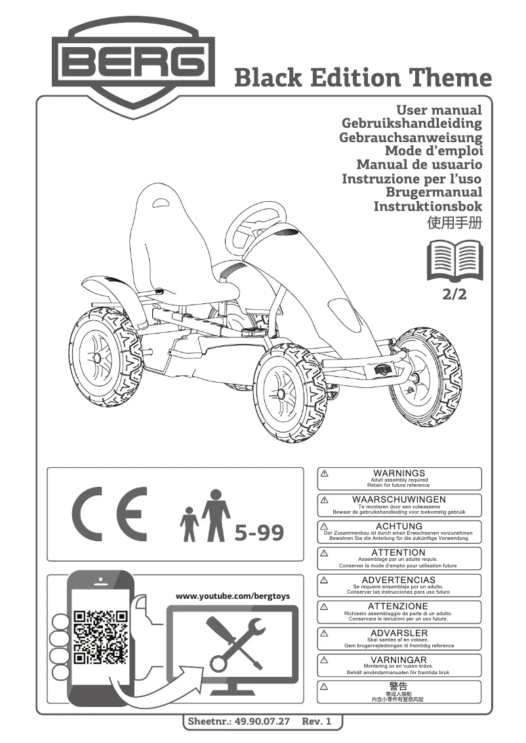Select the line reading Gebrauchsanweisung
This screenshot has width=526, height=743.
411,138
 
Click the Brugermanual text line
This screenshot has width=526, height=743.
434,192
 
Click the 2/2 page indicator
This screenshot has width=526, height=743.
455,294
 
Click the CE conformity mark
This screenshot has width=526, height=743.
110,513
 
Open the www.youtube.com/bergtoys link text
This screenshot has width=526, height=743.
233,596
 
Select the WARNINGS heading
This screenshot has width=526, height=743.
399,473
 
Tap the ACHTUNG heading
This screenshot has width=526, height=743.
399,526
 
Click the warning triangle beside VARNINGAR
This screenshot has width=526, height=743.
324,660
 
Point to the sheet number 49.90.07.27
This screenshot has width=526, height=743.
261,721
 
